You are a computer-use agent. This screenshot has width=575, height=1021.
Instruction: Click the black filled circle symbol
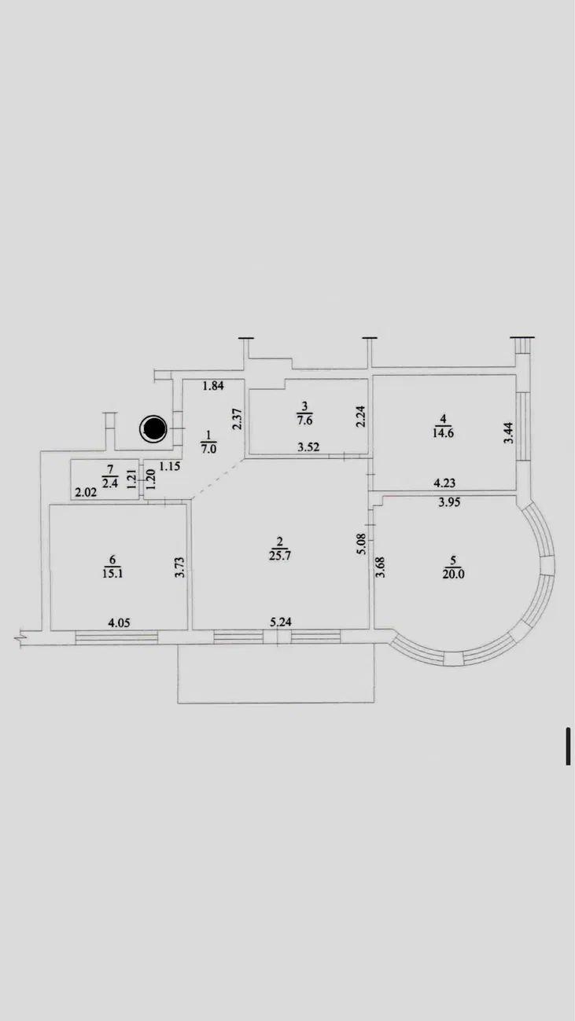(x=153, y=429)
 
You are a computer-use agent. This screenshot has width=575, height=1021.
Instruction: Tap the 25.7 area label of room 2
(x=280, y=556)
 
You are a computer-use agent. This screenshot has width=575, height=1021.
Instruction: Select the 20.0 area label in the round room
(x=453, y=574)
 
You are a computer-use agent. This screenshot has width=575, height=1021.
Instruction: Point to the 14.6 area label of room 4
(x=443, y=433)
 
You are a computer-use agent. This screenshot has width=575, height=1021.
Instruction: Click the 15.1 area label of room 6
(x=112, y=574)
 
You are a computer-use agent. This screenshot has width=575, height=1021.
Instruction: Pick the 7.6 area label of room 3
(x=304, y=421)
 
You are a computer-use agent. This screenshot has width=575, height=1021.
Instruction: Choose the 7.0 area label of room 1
(x=209, y=449)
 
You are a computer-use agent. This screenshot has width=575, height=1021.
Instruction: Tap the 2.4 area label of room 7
(x=110, y=483)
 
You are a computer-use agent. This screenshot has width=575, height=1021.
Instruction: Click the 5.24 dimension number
(x=281, y=622)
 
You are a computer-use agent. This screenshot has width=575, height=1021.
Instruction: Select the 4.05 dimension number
(x=119, y=623)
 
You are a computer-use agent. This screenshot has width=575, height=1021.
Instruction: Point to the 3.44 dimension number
(x=510, y=433)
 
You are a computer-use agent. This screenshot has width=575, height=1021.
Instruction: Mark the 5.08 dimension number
(x=362, y=544)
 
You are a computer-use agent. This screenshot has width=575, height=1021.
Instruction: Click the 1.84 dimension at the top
(x=213, y=386)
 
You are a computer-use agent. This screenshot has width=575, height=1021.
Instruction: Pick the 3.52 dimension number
(x=308, y=447)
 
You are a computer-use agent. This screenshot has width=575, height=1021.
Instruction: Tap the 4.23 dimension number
(x=444, y=483)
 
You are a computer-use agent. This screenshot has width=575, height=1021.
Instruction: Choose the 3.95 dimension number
(x=449, y=502)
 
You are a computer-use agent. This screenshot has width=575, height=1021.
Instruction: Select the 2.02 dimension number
(x=86, y=493)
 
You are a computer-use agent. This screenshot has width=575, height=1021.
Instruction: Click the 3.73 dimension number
(x=179, y=567)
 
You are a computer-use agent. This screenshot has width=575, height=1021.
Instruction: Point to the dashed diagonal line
(x=217, y=479)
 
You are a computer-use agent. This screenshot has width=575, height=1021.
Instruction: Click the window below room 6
(x=116, y=637)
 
